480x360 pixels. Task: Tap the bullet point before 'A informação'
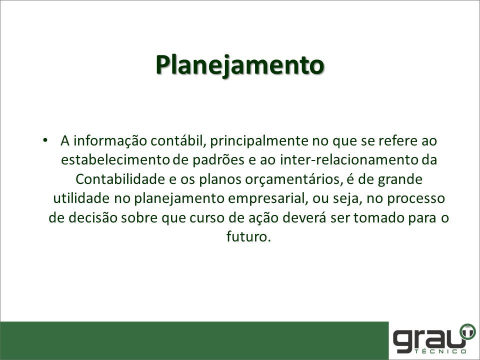pos(45,140)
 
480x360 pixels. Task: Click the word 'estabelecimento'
pos(115,160)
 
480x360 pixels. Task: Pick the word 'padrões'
pos(218,160)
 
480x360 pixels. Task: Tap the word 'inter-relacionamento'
pos(349,160)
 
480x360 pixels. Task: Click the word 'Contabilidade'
pos(120,179)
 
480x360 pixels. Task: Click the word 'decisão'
pos(93,217)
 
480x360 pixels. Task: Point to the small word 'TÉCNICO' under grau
pos(441,351)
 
